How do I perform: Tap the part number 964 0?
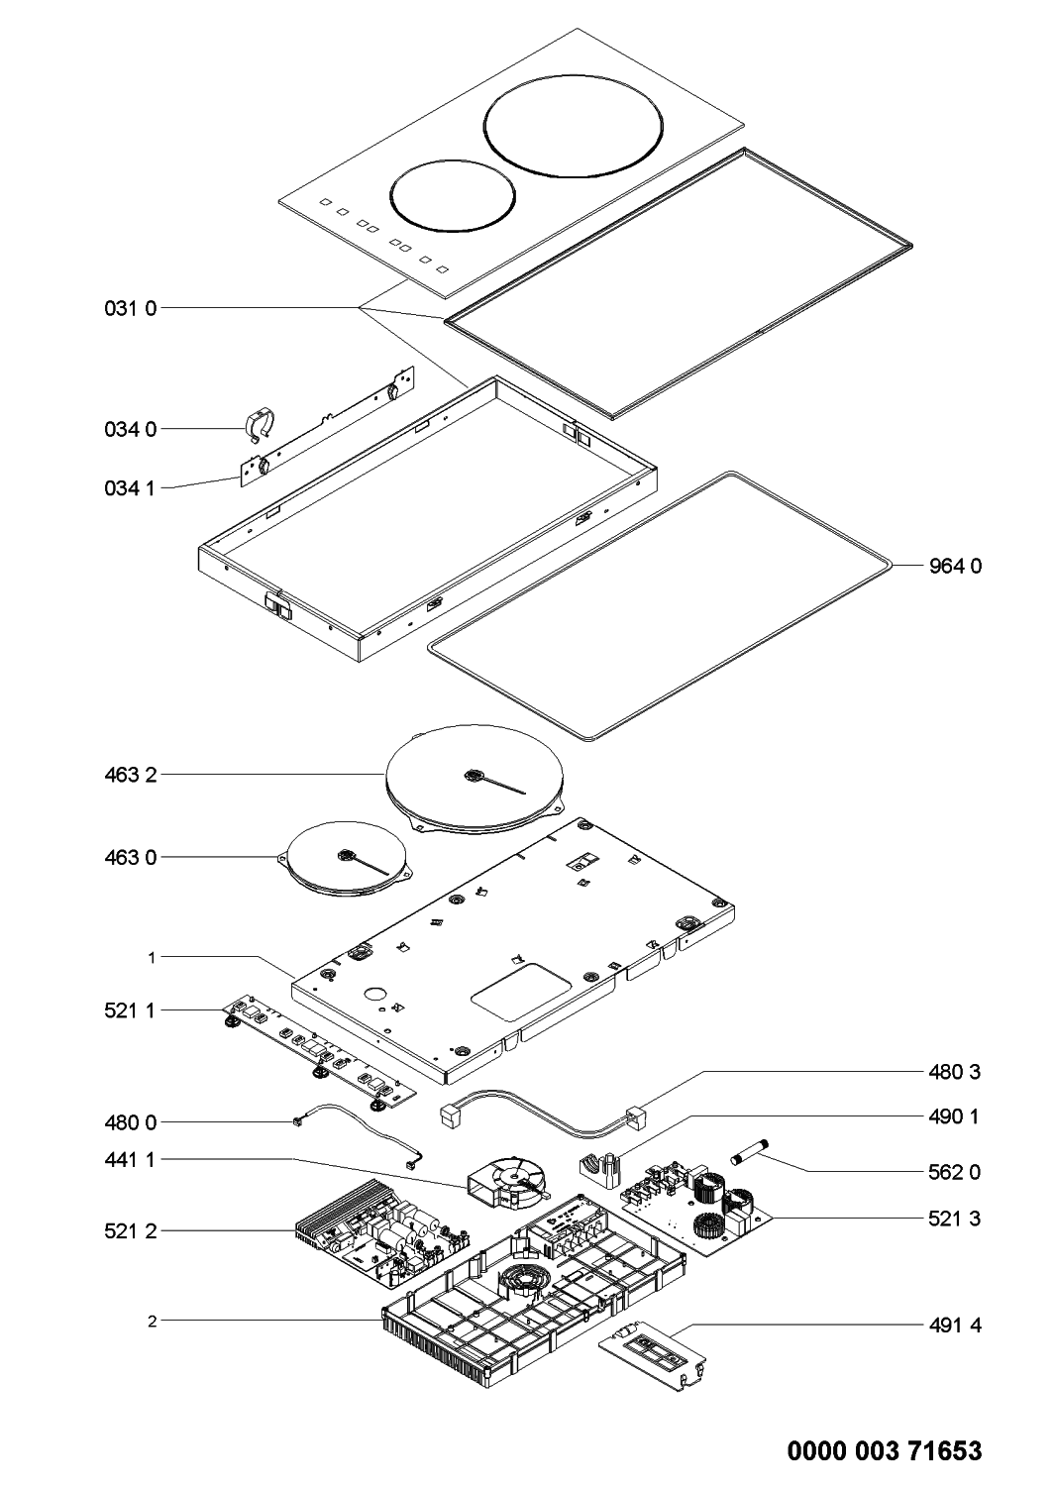pos(955,567)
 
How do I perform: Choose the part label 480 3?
pos(955,1072)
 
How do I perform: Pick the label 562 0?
pos(955,1172)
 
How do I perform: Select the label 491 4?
pos(955,1325)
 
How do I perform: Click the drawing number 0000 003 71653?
pos(885,1452)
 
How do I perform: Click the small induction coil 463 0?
pos(347,858)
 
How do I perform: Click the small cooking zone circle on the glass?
pos(452,193)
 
